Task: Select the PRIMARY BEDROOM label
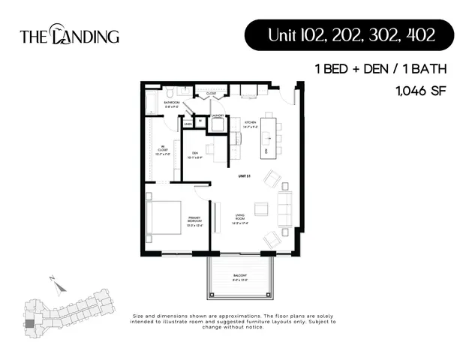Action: tap(197, 221)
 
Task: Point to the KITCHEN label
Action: tap(250, 124)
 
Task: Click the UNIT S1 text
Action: tap(242, 175)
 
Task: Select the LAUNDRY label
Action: tap(218, 115)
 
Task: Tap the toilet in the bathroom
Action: tap(171, 93)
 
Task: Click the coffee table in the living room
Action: tap(261, 208)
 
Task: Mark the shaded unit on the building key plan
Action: tap(29, 323)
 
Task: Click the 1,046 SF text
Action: tap(420, 92)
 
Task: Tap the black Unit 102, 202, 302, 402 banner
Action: tap(350, 35)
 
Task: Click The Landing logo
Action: tap(69, 35)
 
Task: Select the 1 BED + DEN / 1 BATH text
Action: tap(381, 69)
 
